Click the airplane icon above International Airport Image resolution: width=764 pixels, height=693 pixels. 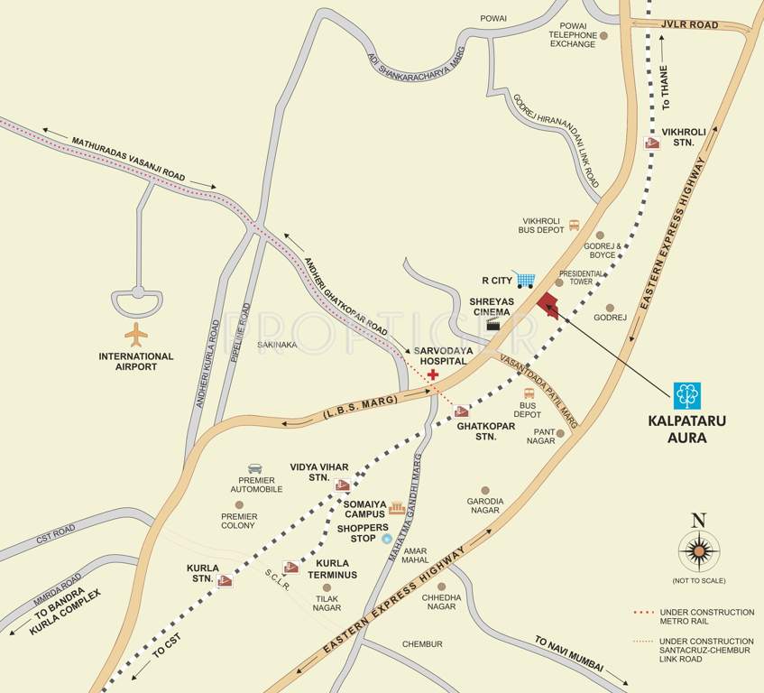point(136,335)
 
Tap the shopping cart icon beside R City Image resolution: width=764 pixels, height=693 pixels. point(524,280)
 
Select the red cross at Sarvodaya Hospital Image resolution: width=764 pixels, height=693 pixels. point(434,374)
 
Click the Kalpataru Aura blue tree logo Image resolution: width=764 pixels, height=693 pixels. point(687,395)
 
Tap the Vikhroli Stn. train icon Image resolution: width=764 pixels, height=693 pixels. point(652,143)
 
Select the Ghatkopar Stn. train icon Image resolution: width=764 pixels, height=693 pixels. point(462,411)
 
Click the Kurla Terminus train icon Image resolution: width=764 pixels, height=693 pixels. point(290,568)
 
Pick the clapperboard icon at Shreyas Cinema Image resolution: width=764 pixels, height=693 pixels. point(493,325)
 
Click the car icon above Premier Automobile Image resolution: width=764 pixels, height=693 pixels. point(255,468)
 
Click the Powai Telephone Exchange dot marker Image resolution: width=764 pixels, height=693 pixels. point(604,36)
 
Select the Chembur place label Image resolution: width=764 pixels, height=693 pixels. point(422,643)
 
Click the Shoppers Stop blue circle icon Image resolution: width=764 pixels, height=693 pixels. point(386,539)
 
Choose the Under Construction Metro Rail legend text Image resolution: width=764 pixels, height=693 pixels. point(706,617)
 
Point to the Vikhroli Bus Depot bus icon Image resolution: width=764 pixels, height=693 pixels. point(574,226)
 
